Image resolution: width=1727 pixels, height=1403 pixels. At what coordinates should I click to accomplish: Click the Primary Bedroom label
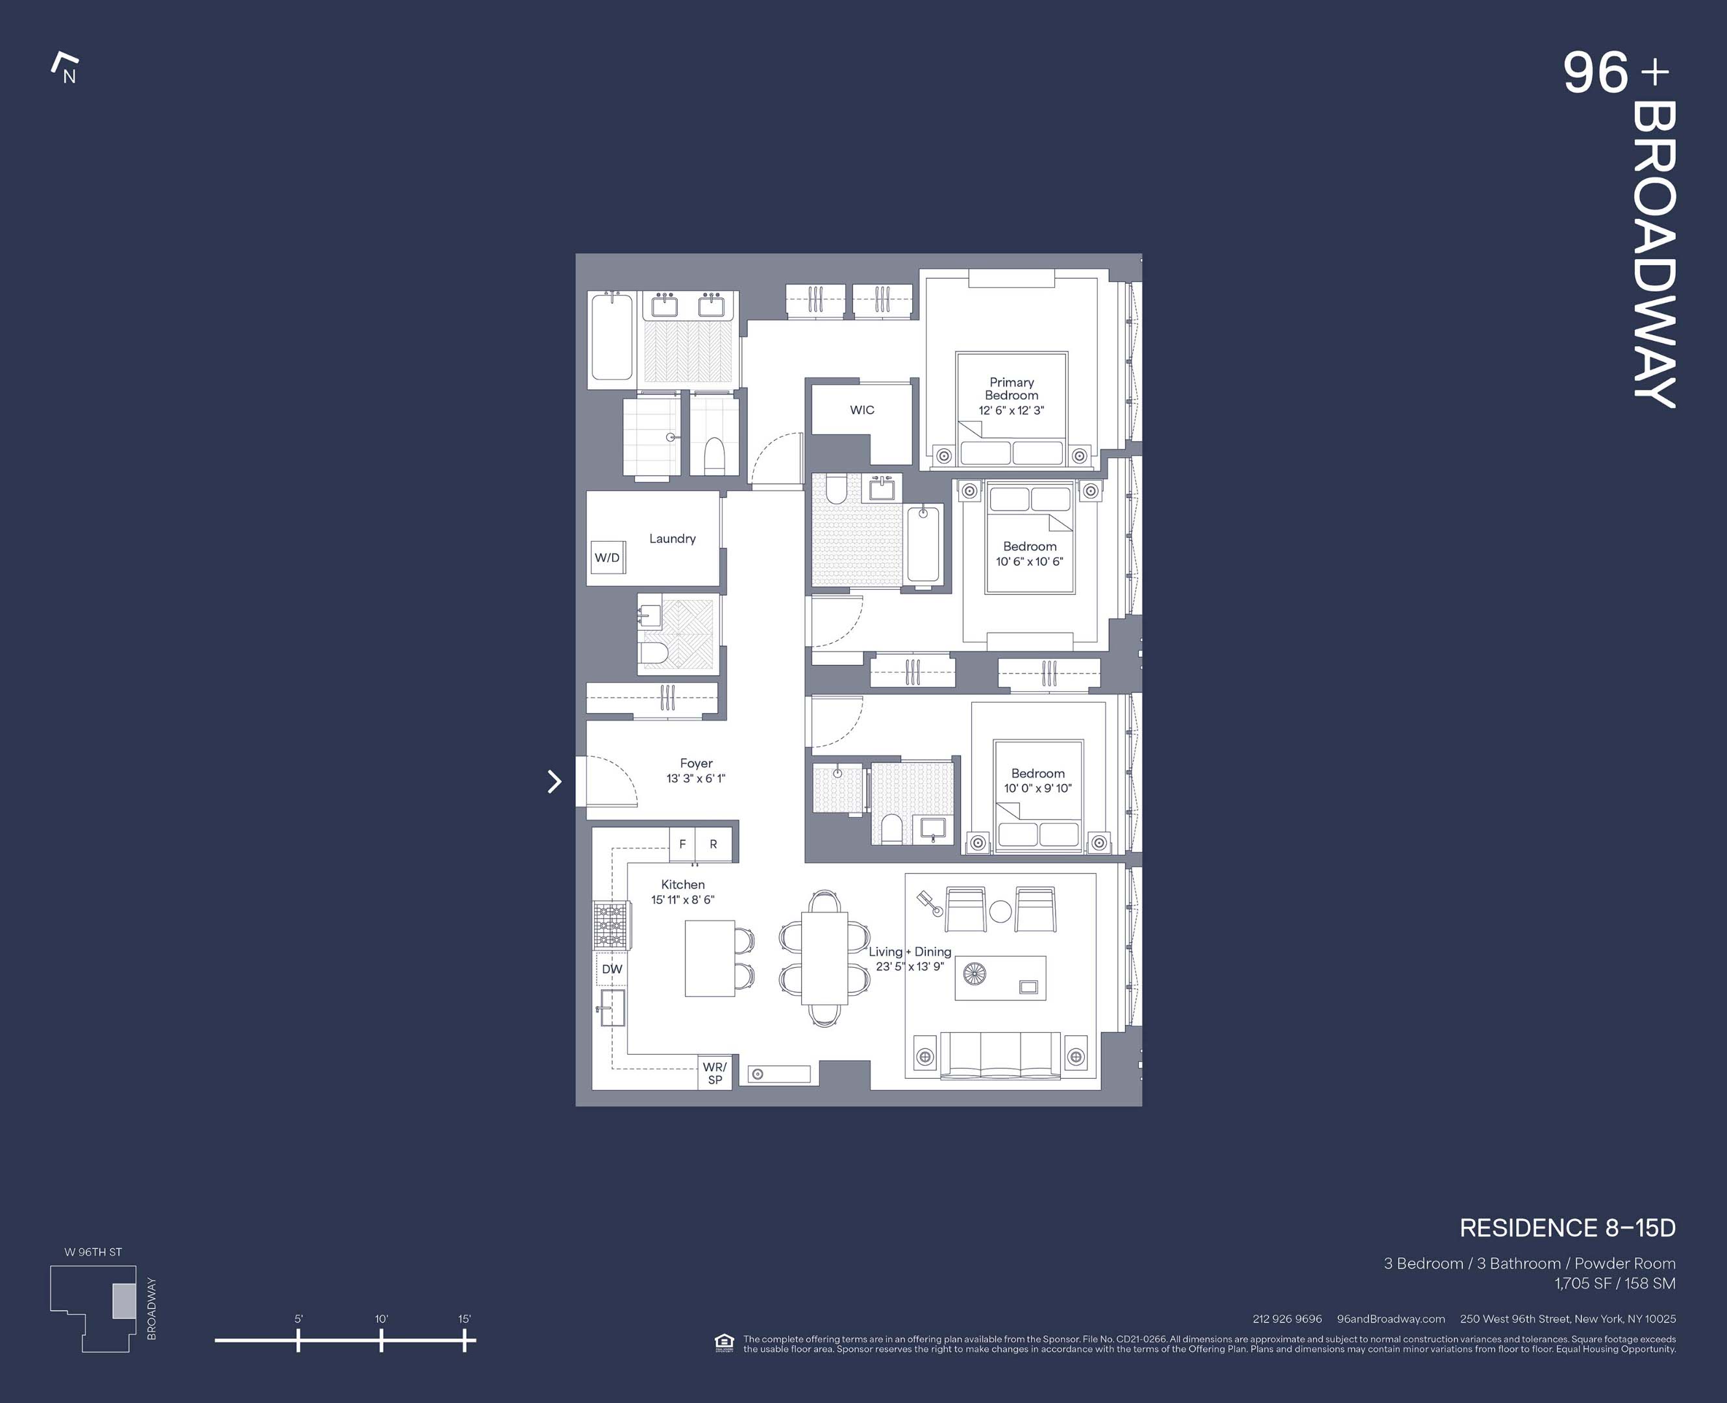coord(1012,388)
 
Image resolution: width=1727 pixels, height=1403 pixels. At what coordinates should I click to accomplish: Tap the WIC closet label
coord(862,410)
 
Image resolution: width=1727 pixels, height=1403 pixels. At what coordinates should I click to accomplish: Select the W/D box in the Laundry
coord(608,558)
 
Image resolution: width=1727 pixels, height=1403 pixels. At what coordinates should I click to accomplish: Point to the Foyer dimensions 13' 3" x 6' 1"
coord(695,778)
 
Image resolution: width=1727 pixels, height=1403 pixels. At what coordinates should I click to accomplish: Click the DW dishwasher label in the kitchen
coord(612,969)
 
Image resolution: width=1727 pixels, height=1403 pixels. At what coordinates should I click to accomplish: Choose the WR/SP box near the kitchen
coord(715,1073)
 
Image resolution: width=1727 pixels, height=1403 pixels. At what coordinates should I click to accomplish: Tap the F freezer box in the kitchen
coord(682,844)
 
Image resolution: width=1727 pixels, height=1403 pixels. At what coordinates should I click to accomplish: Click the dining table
coord(824,959)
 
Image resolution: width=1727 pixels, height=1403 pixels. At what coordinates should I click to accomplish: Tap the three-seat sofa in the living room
coord(1000,1055)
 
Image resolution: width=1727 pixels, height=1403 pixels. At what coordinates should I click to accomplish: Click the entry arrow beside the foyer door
coord(554,781)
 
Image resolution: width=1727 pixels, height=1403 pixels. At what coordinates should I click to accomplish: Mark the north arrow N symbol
coord(66,69)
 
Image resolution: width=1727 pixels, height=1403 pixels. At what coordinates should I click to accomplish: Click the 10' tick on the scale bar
coord(381,1340)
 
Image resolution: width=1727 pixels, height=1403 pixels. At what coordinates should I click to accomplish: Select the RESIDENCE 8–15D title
coord(1567,1228)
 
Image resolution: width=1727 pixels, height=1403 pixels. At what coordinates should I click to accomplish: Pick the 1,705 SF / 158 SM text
coord(1615,1283)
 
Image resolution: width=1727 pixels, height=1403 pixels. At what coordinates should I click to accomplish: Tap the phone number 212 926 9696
coord(1287,1319)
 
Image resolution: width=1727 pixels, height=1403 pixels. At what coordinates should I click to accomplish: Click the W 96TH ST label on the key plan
coord(93,1252)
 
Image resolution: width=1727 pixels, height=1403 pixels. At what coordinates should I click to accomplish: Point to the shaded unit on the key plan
coord(123,1301)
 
